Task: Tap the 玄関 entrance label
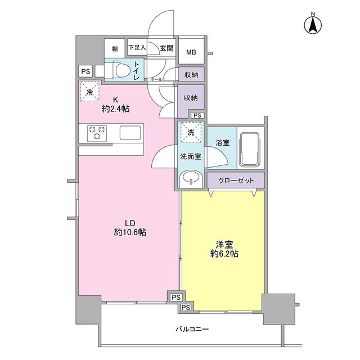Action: (x=166, y=49)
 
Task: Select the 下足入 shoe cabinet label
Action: (x=137, y=48)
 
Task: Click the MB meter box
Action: (x=191, y=53)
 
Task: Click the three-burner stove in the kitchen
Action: (x=97, y=133)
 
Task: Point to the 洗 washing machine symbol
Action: (x=189, y=133)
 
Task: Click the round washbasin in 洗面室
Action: (x=191, y=179)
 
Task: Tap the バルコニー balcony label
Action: (x=192, y=329)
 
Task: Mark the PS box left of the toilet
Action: (x=85, y=71)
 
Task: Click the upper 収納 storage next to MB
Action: (x=191, y=74)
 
